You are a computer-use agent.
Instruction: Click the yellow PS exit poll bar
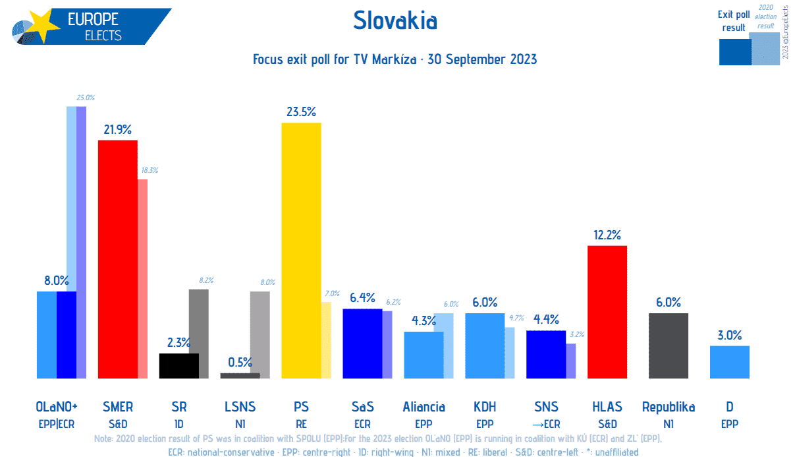point(301,251)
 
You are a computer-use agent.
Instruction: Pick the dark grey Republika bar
point(668,346)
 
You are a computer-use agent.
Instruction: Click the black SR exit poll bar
point(178,366)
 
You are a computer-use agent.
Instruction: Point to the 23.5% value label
point(300,111)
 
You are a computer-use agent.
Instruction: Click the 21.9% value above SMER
point(117,129)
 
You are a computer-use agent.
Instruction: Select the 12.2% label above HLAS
point(607,234)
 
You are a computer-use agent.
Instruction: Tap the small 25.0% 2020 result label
point(85,98)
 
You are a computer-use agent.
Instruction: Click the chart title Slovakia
point(395,21)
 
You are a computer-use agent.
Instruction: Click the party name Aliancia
point(424,407)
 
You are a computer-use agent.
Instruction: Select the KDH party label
point(484,407)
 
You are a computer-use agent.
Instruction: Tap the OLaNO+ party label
point(57,407)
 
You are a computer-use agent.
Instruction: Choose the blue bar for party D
point(729,362)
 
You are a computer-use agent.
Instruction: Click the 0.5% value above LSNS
point(240,362)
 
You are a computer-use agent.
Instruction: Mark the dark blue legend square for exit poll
point(734,52)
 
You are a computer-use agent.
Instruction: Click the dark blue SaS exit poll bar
point(362,344)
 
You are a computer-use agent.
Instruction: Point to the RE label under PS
point(300,424)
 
